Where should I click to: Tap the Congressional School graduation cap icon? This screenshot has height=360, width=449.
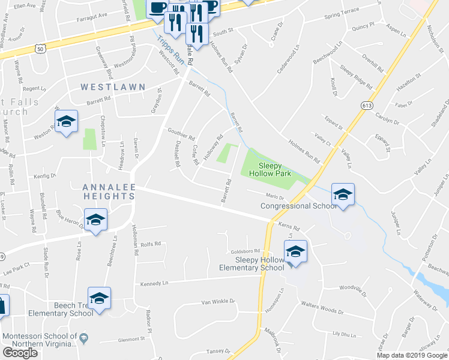pyautogui.click(x=343, y=194)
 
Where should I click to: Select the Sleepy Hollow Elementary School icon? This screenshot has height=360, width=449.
pyautogui.click(x=295, y=251)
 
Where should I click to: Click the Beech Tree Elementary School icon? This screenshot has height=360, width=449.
pyautogui.click(x=99, y=298)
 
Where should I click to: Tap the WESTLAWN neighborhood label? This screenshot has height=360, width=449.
pyautogui.click(x=113, y=87)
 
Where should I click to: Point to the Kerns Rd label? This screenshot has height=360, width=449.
pyautogui.click(x=289, y=226)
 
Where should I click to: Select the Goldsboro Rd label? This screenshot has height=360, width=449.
pyautogui.click(x=244, y=251)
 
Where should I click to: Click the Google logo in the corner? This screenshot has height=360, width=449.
pyautogui.click(x=20, y=353)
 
